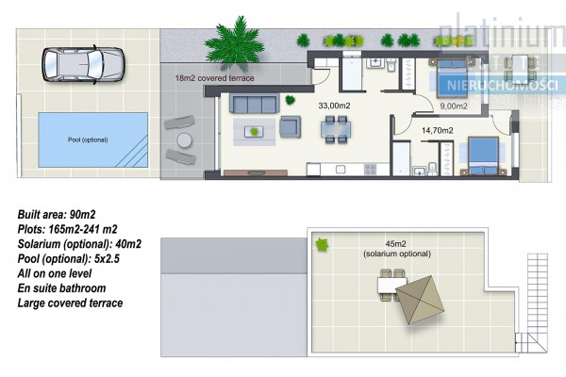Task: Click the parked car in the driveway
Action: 83,65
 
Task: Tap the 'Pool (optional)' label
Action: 88,140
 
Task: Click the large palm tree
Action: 235,44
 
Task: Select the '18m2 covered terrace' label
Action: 214,78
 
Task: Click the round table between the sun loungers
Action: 185,140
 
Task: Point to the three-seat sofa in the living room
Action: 254,104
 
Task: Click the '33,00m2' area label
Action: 334,106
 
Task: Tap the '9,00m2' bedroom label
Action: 454,107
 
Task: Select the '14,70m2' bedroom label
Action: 437,130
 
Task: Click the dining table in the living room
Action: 336,129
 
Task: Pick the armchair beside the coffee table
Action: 291,126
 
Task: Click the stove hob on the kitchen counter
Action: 371,170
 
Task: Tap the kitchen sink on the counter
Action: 341,170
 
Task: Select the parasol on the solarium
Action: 420,300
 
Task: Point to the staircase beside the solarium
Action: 534,303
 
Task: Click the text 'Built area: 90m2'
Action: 57,215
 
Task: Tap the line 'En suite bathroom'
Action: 61,288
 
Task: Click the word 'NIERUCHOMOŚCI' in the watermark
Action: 503,85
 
